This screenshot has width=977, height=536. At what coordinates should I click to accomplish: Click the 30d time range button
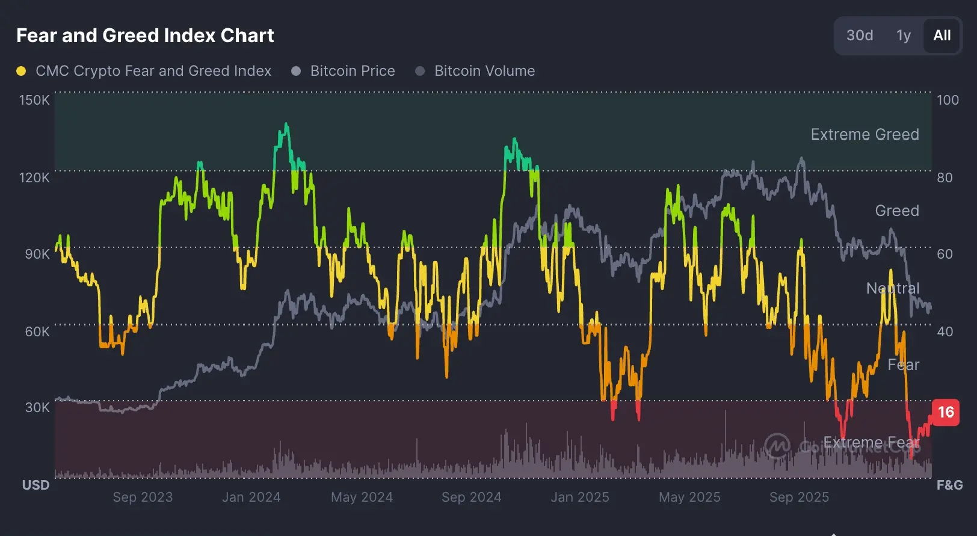click(859, 35)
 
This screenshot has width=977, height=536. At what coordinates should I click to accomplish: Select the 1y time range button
click(903, 35)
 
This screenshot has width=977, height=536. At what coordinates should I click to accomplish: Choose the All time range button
click(942, 35)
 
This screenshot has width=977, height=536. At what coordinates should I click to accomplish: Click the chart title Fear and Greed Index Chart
click(145, 35)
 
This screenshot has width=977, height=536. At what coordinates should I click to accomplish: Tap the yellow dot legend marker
click(21, 71)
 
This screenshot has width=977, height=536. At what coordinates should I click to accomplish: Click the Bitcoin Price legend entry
click(352, 71)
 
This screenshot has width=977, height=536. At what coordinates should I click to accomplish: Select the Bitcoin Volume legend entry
click(484, 71)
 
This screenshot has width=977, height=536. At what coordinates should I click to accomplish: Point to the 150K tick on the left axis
click(34, 100)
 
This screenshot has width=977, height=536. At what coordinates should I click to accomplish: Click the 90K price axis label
click(37, 254)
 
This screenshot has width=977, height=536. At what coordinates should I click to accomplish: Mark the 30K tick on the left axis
click(37, 407)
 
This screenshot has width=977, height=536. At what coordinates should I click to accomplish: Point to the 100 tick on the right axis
click(948, 100)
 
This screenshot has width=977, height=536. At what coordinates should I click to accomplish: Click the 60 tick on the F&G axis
click(945, 254)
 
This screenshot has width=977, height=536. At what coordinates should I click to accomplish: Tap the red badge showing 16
click(945, 412)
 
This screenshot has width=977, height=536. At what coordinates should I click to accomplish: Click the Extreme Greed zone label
click(865, 134)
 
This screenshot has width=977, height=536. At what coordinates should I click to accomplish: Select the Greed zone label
click(896, 211)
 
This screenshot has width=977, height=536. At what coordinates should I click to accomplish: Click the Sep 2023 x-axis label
click(143, 497)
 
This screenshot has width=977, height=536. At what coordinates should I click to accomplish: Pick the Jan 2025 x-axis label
click(580, 497)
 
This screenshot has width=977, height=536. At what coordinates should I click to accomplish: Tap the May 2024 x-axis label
click(362, 497)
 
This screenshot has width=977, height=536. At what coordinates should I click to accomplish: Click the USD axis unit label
click(35, 485)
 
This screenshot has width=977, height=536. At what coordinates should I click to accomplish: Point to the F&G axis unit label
click(949, 485)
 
